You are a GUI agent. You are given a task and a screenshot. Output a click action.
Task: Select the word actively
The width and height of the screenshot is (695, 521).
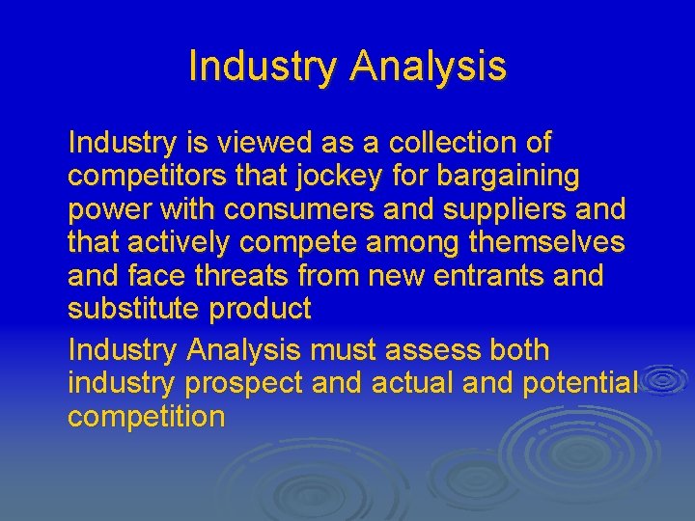(x=186, y=242)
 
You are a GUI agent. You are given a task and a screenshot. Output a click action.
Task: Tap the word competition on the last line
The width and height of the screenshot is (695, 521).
(x=146, y=416)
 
